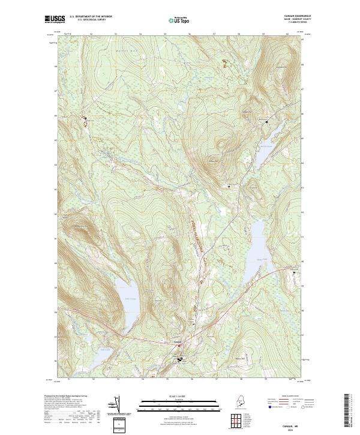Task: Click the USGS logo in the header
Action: pos(55,19)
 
